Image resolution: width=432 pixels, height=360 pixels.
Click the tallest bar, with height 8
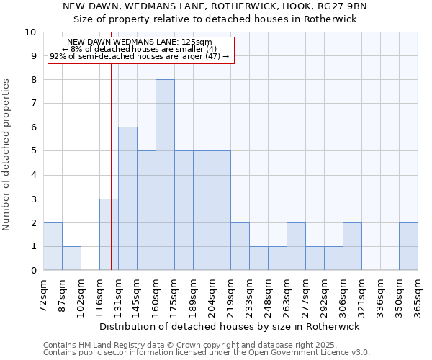point(165,175)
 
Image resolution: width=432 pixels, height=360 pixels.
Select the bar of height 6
point(127,199)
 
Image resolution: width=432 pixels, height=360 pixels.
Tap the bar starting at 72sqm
point(53,246)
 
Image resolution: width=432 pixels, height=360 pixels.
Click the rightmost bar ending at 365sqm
point(408,246)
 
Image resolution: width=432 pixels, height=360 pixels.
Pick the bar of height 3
point(109,235)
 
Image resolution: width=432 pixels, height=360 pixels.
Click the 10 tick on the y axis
point(30,32)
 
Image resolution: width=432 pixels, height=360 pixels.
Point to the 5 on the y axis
point(33,151)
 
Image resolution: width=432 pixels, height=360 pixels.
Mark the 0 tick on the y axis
point(33,271)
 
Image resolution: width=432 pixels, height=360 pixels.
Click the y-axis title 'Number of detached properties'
point(7,155)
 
